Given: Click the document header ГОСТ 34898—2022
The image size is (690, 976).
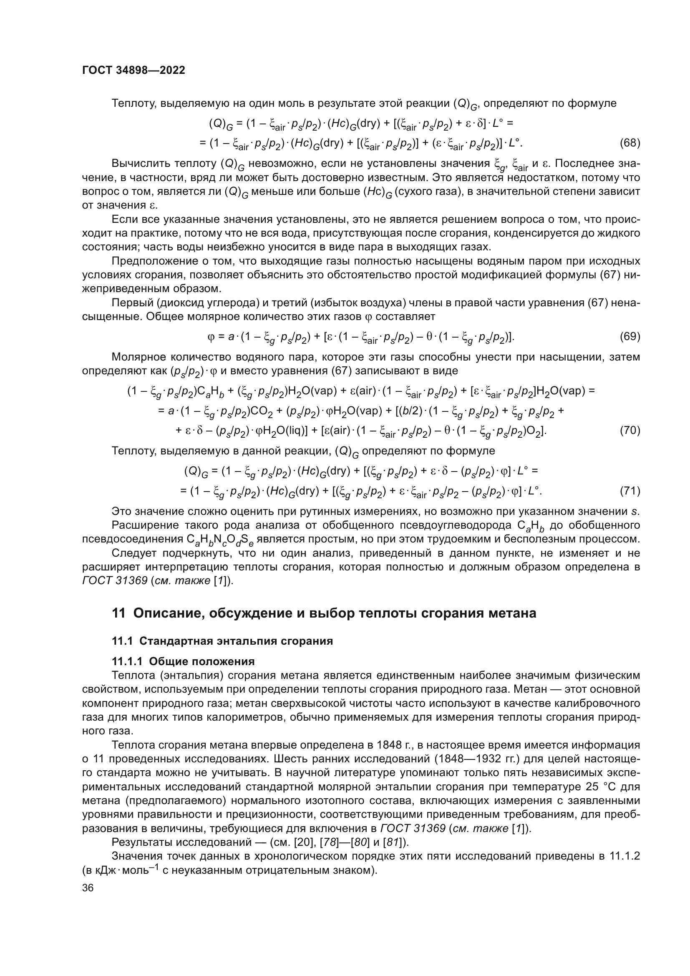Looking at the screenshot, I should pos(133,71).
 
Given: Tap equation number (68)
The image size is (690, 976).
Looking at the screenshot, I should pos(630,143).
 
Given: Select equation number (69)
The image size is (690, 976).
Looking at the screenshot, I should pos(630,336).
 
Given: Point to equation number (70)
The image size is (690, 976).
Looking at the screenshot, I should pos(630,431).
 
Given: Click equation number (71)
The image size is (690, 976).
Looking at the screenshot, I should pos(630,491).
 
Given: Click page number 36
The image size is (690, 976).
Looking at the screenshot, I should pos(88,888).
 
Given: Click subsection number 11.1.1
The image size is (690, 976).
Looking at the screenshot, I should pos(127,661).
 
